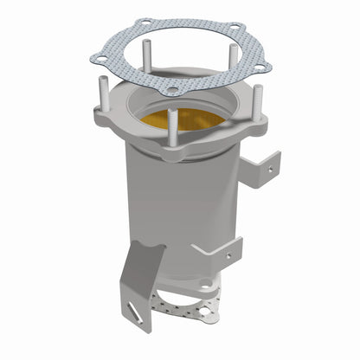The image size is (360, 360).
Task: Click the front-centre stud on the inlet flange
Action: (171, 130)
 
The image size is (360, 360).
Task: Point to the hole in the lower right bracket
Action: (229, 255)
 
